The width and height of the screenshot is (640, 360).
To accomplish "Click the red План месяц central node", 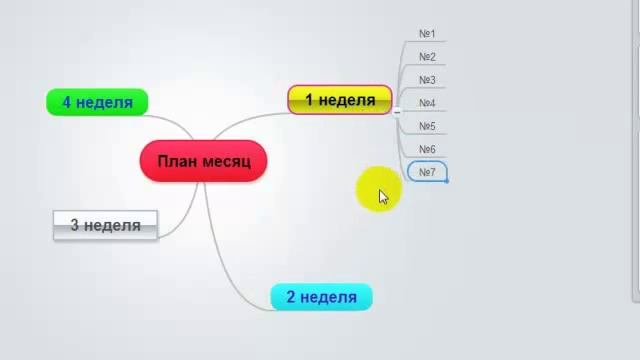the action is [204, 160].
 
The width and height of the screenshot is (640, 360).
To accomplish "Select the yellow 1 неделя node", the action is [339, 100].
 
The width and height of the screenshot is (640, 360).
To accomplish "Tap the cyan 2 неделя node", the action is [321, 297].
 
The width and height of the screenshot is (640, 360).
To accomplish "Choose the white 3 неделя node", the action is [104, 225].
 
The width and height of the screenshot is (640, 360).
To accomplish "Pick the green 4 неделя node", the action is [97, 102].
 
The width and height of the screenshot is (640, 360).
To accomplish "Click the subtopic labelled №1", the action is [427, 34].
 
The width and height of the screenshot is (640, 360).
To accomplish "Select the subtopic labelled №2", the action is [427, 57].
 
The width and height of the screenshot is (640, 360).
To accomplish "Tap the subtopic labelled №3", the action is [427, 80].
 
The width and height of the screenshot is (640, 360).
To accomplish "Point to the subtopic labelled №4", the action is [427, 103].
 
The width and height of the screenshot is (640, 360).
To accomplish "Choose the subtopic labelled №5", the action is [427, 126].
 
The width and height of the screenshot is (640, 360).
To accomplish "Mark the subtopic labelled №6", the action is [427, 149].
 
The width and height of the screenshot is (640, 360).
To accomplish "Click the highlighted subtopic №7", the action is [427, 172].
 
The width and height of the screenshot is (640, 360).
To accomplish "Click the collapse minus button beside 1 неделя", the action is [397, 112].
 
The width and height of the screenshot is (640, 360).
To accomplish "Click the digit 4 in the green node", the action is [67, 102].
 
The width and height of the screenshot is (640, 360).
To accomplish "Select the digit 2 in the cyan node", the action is [291, 297].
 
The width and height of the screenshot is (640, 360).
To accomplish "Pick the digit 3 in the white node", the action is [75, 225].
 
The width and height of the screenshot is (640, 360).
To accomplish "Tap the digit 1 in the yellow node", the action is [310, 100].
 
